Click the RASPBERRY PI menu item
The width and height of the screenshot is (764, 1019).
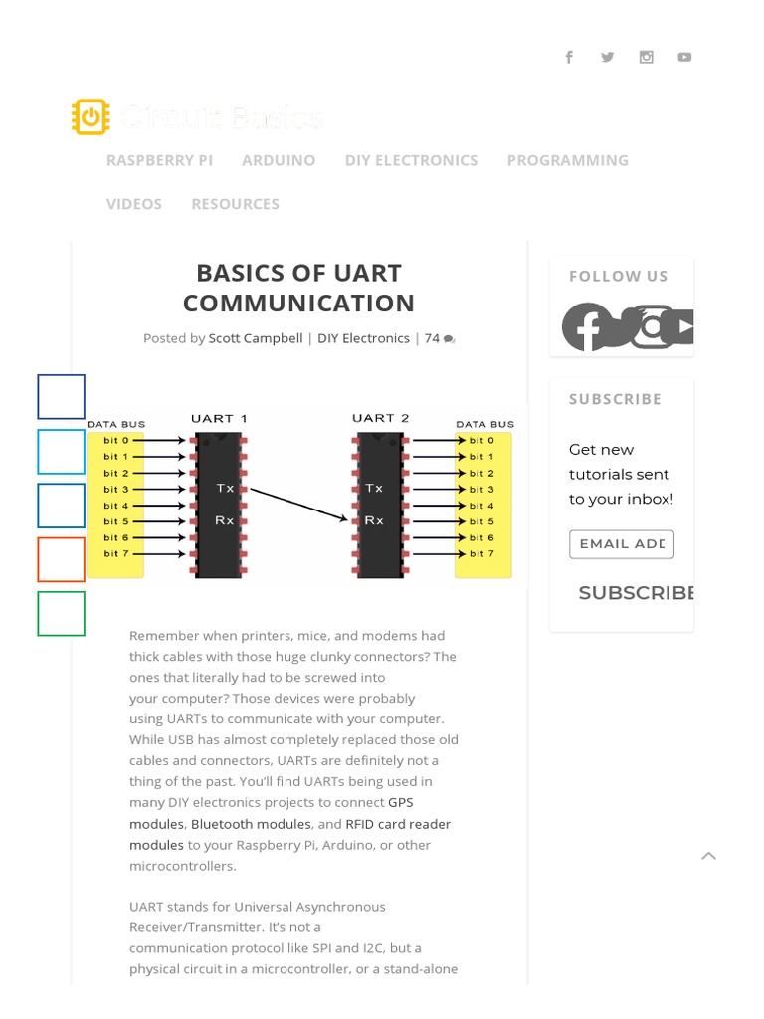159,160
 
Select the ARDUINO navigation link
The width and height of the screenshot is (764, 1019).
279,160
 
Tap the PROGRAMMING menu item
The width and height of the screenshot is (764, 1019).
567,160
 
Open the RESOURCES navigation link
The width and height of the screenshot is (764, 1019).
235,204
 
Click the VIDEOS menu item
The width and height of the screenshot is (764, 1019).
134,204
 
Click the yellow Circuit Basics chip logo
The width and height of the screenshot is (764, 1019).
90,117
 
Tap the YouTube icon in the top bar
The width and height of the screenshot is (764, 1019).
684,57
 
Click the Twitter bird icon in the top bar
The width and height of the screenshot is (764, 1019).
607,57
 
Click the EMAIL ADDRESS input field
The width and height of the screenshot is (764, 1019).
621,544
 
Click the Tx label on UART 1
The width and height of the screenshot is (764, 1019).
226,489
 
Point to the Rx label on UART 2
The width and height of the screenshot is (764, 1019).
374,520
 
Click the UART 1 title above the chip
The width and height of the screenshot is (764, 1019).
219,418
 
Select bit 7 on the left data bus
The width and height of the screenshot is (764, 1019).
116,553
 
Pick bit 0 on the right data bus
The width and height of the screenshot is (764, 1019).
481,440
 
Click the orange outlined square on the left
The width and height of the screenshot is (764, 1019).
62,559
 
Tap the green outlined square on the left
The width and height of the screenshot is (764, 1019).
62,613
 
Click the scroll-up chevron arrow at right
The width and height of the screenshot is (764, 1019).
708,855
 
